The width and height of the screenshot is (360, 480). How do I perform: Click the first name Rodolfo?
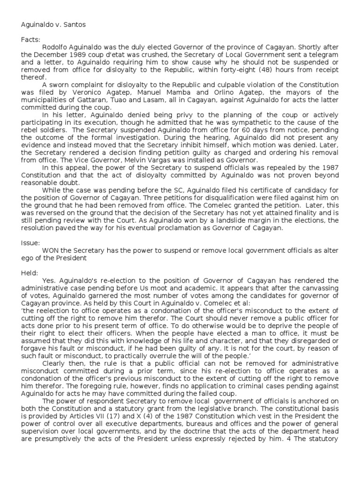(x=55, y=47)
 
